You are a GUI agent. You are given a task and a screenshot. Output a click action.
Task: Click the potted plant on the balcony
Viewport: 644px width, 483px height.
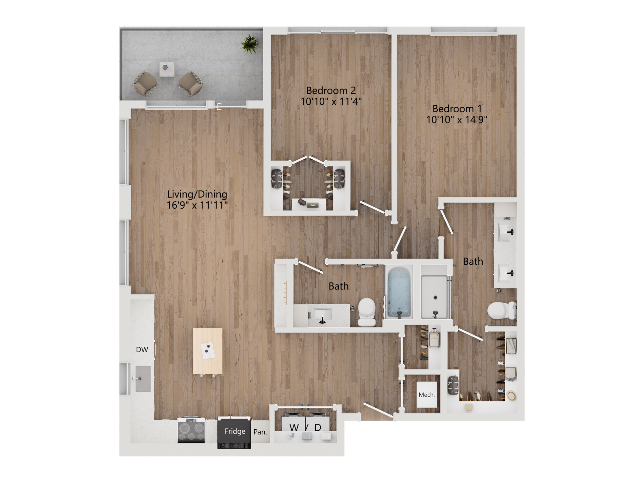[x=250, y=44]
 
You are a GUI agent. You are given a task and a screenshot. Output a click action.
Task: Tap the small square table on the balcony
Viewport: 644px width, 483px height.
[x=166, y=68]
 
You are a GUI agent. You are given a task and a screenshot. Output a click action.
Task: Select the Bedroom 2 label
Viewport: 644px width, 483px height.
[x=331, y=91]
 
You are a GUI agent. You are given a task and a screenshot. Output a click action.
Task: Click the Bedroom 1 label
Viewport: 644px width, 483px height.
[x=457, y=109]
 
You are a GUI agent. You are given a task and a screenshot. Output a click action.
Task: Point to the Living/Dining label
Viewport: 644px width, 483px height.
[x=197, y=194]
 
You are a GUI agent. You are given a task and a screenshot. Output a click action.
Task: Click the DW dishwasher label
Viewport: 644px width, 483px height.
[x=142, y=350]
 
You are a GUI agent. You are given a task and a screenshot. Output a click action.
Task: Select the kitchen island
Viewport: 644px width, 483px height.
[x=208, y=351]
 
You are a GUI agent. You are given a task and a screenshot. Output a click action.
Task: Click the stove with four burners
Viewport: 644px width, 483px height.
[x=191, y=430]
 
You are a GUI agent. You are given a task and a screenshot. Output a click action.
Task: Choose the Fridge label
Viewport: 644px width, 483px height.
[x=235, y=431]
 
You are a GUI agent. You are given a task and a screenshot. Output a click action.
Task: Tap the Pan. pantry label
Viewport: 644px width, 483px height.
[x=260, y=432]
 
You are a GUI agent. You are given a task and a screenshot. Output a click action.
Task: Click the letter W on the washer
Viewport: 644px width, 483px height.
[x=294, y=427]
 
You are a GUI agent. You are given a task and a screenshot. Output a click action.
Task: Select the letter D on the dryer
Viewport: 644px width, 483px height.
[x=318, y=427]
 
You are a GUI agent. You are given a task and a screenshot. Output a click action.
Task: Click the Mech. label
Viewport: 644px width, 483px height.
[x=427, y=395]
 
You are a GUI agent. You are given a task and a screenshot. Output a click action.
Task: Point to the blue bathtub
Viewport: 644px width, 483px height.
[x=399, y=292]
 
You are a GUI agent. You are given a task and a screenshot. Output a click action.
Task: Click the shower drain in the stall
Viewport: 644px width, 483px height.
[x=435, y=298]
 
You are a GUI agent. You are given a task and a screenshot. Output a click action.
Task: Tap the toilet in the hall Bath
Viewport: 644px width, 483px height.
[x=367, y=312]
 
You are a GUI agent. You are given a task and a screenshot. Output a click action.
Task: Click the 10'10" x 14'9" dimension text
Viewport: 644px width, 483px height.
[x=457, y=120]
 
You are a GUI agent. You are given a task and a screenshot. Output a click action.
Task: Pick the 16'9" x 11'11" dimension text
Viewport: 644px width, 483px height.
[x=197, y=205]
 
